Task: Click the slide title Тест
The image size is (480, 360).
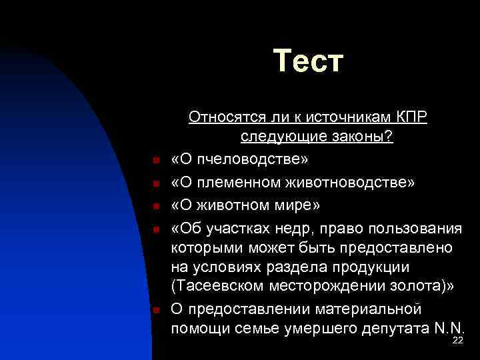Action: click(308, 61)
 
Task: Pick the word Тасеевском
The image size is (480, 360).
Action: click(223, 286)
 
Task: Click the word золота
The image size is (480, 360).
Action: click(415, 286)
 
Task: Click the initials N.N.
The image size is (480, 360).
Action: click(449, 328)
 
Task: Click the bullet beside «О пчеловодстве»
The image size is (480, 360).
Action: click(153, 161)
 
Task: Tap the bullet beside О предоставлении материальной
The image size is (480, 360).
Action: click(153, 310)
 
